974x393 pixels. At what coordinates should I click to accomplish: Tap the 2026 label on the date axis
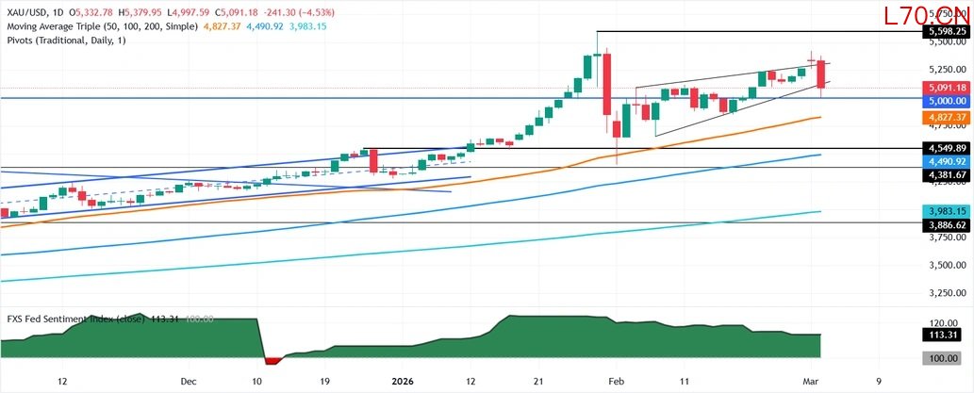(x=404, y=382)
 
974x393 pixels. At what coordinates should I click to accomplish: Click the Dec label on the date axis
(x=187, y=382)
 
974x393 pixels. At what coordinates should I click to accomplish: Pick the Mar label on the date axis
(x=811, y=382)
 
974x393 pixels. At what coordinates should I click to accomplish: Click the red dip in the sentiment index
(x=272, y=360)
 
